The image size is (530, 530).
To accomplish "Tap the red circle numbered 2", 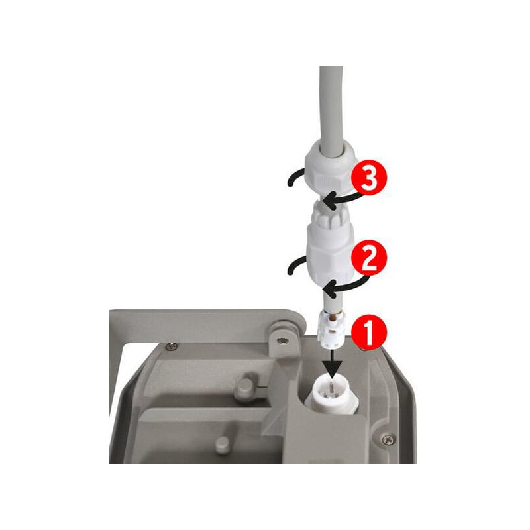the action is point(369,258).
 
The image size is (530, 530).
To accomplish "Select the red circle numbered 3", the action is point(369,178).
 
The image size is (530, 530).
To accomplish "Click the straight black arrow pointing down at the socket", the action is point(333,364).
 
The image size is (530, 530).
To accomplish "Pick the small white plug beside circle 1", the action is point(332,329).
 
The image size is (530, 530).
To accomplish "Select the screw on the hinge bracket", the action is point(283,341).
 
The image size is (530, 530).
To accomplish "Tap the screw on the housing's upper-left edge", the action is point(172,346).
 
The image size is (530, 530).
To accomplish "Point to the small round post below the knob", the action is point(223,445).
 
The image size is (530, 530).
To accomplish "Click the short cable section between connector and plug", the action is point(333,301).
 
